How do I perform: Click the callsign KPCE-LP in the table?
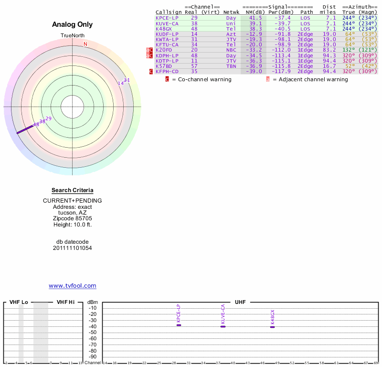pyautogui.click(x=167, y=18)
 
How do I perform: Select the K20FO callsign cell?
pyautogui.click(x=163, y=50)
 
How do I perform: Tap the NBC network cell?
pyautogui.click(x=231, y=50)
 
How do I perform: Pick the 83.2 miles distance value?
pyautogui.click(x=329, y=50)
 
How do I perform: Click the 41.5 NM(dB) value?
pyautogui.click(x=255, y=18)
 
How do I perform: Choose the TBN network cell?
pyautogui.click(x=231, y=66)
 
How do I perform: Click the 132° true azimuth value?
pyautogui.click(x=349, y=50)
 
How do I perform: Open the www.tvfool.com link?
pyautogui.click(x=73, y=286)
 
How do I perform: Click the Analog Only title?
pyautogui.click(x=73, y=24)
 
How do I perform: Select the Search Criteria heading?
pyautogui.click(x=73, y=190)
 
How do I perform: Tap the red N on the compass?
pyautogui.click(x=85, y=44)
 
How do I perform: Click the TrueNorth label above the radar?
pyautogui.click(x=72, y=36)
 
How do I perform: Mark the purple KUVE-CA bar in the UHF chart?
pyautogui.click(x=223, y=326)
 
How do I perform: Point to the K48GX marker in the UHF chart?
pyautogui.click(x=273, y=327)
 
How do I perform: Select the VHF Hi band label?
pyautogui.click(x=65, y=302)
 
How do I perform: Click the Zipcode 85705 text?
pyautogui.click(x=73, y=218)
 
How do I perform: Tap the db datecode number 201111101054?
pyautogui.click(x=73, y=248)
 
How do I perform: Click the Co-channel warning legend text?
pyautogui.click(x=204, y=79)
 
